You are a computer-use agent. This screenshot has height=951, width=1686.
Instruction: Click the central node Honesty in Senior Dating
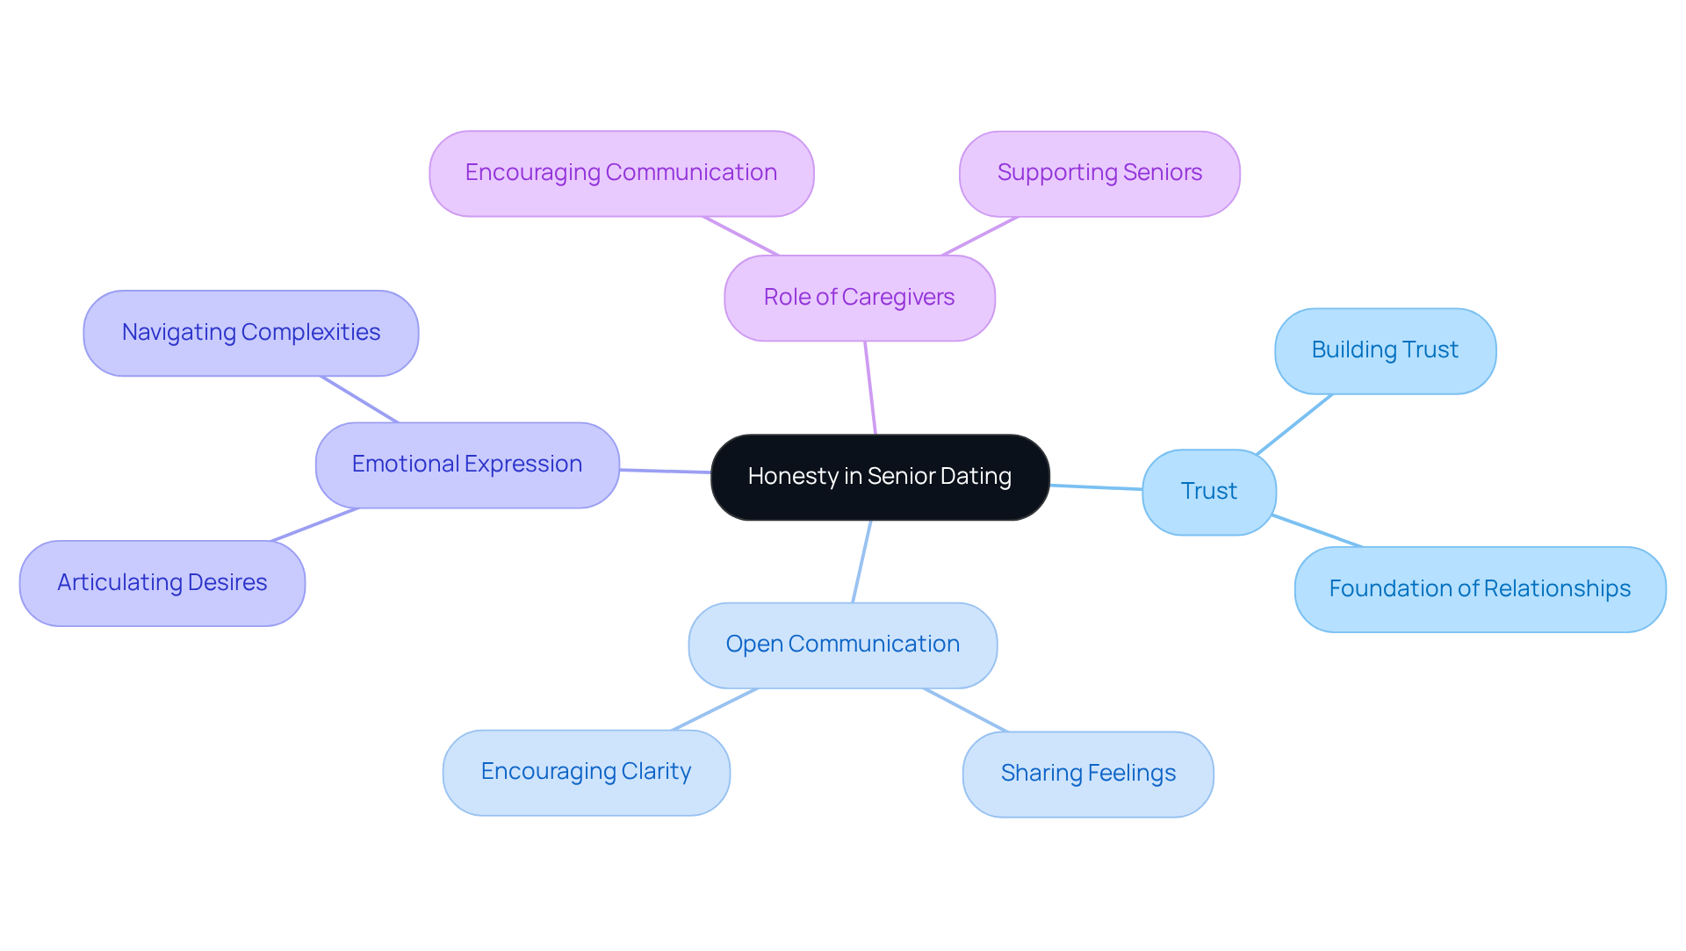[x=879, y=477]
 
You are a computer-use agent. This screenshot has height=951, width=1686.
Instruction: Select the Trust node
[x=1208, y=492]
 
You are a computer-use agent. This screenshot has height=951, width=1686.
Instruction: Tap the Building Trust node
[x=1385, y=350]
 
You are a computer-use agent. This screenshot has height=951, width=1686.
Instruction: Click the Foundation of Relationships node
[x=1480, y=589]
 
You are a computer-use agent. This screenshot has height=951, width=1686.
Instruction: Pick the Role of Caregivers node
[x=859, y=298]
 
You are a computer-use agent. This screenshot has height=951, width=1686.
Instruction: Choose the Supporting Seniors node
[x=1099, y=173]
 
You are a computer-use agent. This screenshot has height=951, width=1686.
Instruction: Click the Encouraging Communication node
[x=621, y=173]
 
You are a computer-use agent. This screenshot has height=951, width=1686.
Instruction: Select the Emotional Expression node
[x=467, y=465]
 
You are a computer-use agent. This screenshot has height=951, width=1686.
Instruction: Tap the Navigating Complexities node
[x=250, y=333]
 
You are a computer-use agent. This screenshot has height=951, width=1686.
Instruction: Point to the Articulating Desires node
[x=162, y=583]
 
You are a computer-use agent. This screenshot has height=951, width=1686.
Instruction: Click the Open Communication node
[x=842, y=645]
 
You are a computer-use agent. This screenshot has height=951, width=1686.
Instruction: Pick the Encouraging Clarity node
[x=586, y=772]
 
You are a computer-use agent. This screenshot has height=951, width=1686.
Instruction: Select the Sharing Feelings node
[x=1088, y=774]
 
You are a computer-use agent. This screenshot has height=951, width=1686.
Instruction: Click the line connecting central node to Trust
[x=1096, y=486]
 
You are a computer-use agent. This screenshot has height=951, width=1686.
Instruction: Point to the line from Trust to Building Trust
[x=1294, y=424]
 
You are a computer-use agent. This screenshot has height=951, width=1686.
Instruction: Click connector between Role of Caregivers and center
[x=870, y=387]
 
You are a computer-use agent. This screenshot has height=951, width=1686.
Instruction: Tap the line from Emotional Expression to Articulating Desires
[x=315, y=524]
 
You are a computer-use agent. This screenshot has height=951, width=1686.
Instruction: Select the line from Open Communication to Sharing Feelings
[x=966, y=710]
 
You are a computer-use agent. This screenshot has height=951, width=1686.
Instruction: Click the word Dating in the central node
[x=977, y=476]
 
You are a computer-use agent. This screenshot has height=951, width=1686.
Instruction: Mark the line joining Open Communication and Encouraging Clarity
[x=715, y=709]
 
